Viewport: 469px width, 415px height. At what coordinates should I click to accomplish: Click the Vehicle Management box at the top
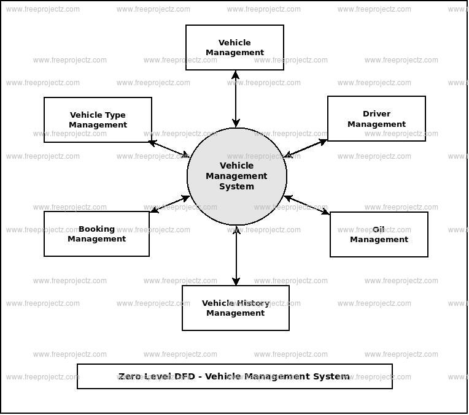234,48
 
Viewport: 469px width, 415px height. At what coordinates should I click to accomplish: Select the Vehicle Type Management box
98,120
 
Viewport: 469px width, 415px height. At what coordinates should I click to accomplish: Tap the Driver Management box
376,119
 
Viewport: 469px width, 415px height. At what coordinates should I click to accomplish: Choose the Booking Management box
96,234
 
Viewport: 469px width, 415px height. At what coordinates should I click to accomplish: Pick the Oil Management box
379,235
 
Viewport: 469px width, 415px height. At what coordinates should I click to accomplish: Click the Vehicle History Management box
235,308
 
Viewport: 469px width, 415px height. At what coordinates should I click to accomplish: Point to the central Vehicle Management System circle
236,176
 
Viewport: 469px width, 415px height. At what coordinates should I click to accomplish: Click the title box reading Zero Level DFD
234,376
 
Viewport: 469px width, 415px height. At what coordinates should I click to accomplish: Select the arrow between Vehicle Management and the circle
236,99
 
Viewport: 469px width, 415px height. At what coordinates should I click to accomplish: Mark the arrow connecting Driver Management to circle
307,148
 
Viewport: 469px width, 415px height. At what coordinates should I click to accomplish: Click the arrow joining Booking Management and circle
169,205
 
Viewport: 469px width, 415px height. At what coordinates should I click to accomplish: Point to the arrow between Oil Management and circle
308,206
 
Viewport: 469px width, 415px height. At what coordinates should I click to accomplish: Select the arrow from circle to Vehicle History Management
236,256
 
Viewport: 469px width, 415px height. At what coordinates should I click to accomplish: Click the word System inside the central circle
236,187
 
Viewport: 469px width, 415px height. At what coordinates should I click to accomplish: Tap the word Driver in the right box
376,114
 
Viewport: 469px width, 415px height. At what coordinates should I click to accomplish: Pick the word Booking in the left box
96,229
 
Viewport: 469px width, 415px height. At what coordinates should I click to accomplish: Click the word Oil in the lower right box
379,230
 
